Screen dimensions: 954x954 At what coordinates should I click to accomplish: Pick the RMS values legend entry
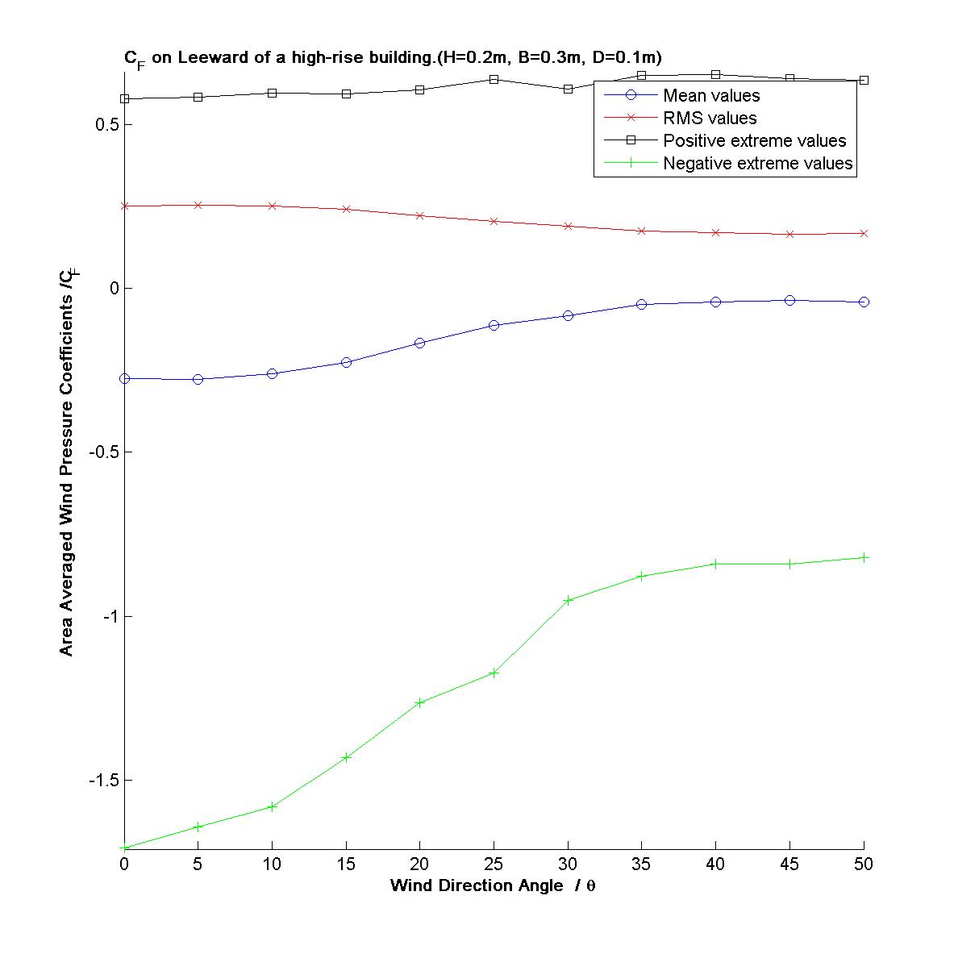710,119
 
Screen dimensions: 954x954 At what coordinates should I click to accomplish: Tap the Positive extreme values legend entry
754,141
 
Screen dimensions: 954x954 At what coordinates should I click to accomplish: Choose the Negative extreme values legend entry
757,164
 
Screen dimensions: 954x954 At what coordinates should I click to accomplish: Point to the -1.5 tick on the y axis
99,781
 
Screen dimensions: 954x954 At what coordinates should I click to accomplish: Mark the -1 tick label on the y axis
107,616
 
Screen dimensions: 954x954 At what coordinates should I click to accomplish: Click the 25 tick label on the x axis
494,864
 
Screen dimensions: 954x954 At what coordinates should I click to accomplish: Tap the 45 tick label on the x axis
789,864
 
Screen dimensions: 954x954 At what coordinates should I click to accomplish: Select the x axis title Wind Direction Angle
493,885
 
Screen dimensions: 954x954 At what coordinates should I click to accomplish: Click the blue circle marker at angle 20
419,343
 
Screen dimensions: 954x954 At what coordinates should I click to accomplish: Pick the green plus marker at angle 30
568,600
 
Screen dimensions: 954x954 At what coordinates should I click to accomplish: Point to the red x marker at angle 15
346,209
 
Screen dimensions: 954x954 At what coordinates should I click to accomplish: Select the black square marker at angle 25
494,79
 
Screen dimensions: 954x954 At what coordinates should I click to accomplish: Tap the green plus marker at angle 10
272,806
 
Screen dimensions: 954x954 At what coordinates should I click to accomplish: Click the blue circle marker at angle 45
789,300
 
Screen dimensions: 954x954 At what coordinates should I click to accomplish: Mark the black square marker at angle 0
124,98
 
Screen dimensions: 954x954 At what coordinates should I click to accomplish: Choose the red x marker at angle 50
864,233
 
